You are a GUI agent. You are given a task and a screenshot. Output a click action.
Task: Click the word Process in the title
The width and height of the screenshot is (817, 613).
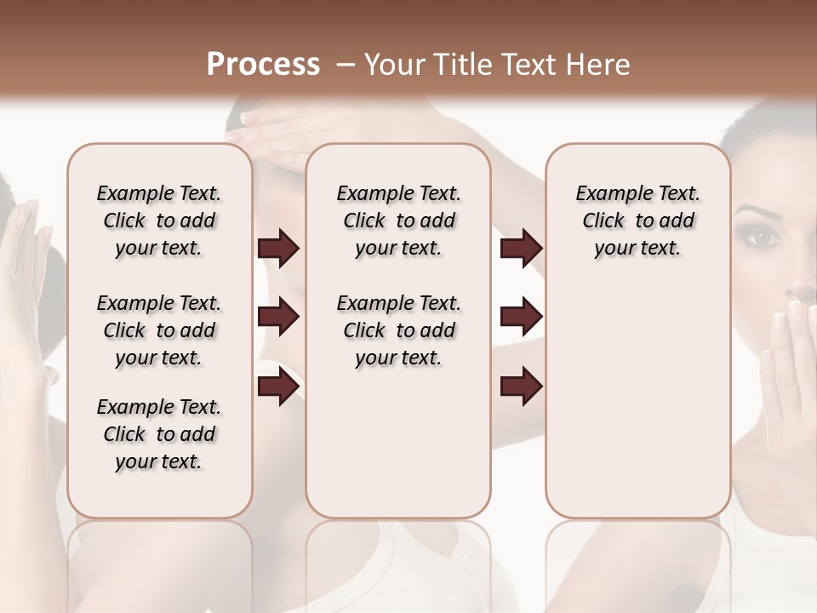tap(263, 65)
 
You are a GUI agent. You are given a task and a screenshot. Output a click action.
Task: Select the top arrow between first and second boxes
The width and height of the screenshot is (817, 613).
tap(278, 249)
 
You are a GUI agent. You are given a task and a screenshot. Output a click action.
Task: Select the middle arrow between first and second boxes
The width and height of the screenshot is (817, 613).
tap(278, 318)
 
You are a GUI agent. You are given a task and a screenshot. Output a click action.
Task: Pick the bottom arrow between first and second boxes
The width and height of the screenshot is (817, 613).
tap(278, 386)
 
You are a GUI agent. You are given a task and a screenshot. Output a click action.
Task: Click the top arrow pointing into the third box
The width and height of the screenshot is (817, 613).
tap(521, 249)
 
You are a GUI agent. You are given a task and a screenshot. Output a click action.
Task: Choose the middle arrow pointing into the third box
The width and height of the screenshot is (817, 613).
tap(521, 318)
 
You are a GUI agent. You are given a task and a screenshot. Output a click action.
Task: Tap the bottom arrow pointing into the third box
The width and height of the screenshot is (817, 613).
tap(521, 386)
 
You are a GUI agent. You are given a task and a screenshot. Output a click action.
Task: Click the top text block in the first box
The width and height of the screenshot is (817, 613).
tap(159, 221)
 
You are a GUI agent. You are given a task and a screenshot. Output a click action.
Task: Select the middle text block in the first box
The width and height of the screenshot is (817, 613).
tap(159, 330)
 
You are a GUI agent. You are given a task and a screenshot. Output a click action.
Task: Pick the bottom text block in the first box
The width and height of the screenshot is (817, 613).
tap(159, 434)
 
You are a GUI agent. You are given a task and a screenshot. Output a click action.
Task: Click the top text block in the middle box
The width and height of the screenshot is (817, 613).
tap(398, 221)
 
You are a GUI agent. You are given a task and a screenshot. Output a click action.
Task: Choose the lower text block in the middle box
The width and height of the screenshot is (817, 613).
tap(398, 330)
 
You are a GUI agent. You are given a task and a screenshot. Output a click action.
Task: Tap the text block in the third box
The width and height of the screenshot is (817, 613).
tap(637, 221)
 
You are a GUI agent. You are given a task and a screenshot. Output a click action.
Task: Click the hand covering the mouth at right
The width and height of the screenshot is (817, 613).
tap(787, 358)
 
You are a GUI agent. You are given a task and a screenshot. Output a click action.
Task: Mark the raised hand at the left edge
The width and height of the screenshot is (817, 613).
tap(26, 272)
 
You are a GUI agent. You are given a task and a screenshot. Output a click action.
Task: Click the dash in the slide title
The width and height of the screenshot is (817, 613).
tap(346, 65)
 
